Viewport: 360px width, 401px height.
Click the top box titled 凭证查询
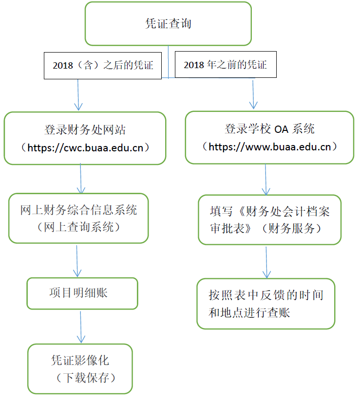(168, 23)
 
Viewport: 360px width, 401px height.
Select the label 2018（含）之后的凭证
(102, 65)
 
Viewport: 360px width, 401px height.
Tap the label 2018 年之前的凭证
(225, 64)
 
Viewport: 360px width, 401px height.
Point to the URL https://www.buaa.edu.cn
(269, 146)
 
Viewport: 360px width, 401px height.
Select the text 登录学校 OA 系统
(269, 129)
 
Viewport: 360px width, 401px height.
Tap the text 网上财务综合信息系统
(78, 210)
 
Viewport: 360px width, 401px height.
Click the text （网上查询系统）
(78, 227)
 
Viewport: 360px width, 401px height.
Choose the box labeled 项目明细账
(82, 293)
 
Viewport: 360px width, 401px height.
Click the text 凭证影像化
(80, 361)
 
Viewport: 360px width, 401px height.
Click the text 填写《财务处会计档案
(269, 212)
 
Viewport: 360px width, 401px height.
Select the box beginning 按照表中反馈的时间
(266, 304)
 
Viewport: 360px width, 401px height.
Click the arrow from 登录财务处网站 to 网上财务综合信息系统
(81, 179)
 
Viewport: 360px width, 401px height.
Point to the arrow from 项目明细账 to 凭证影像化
(81, 327)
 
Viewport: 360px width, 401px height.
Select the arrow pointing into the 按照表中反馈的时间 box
(266, 262)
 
